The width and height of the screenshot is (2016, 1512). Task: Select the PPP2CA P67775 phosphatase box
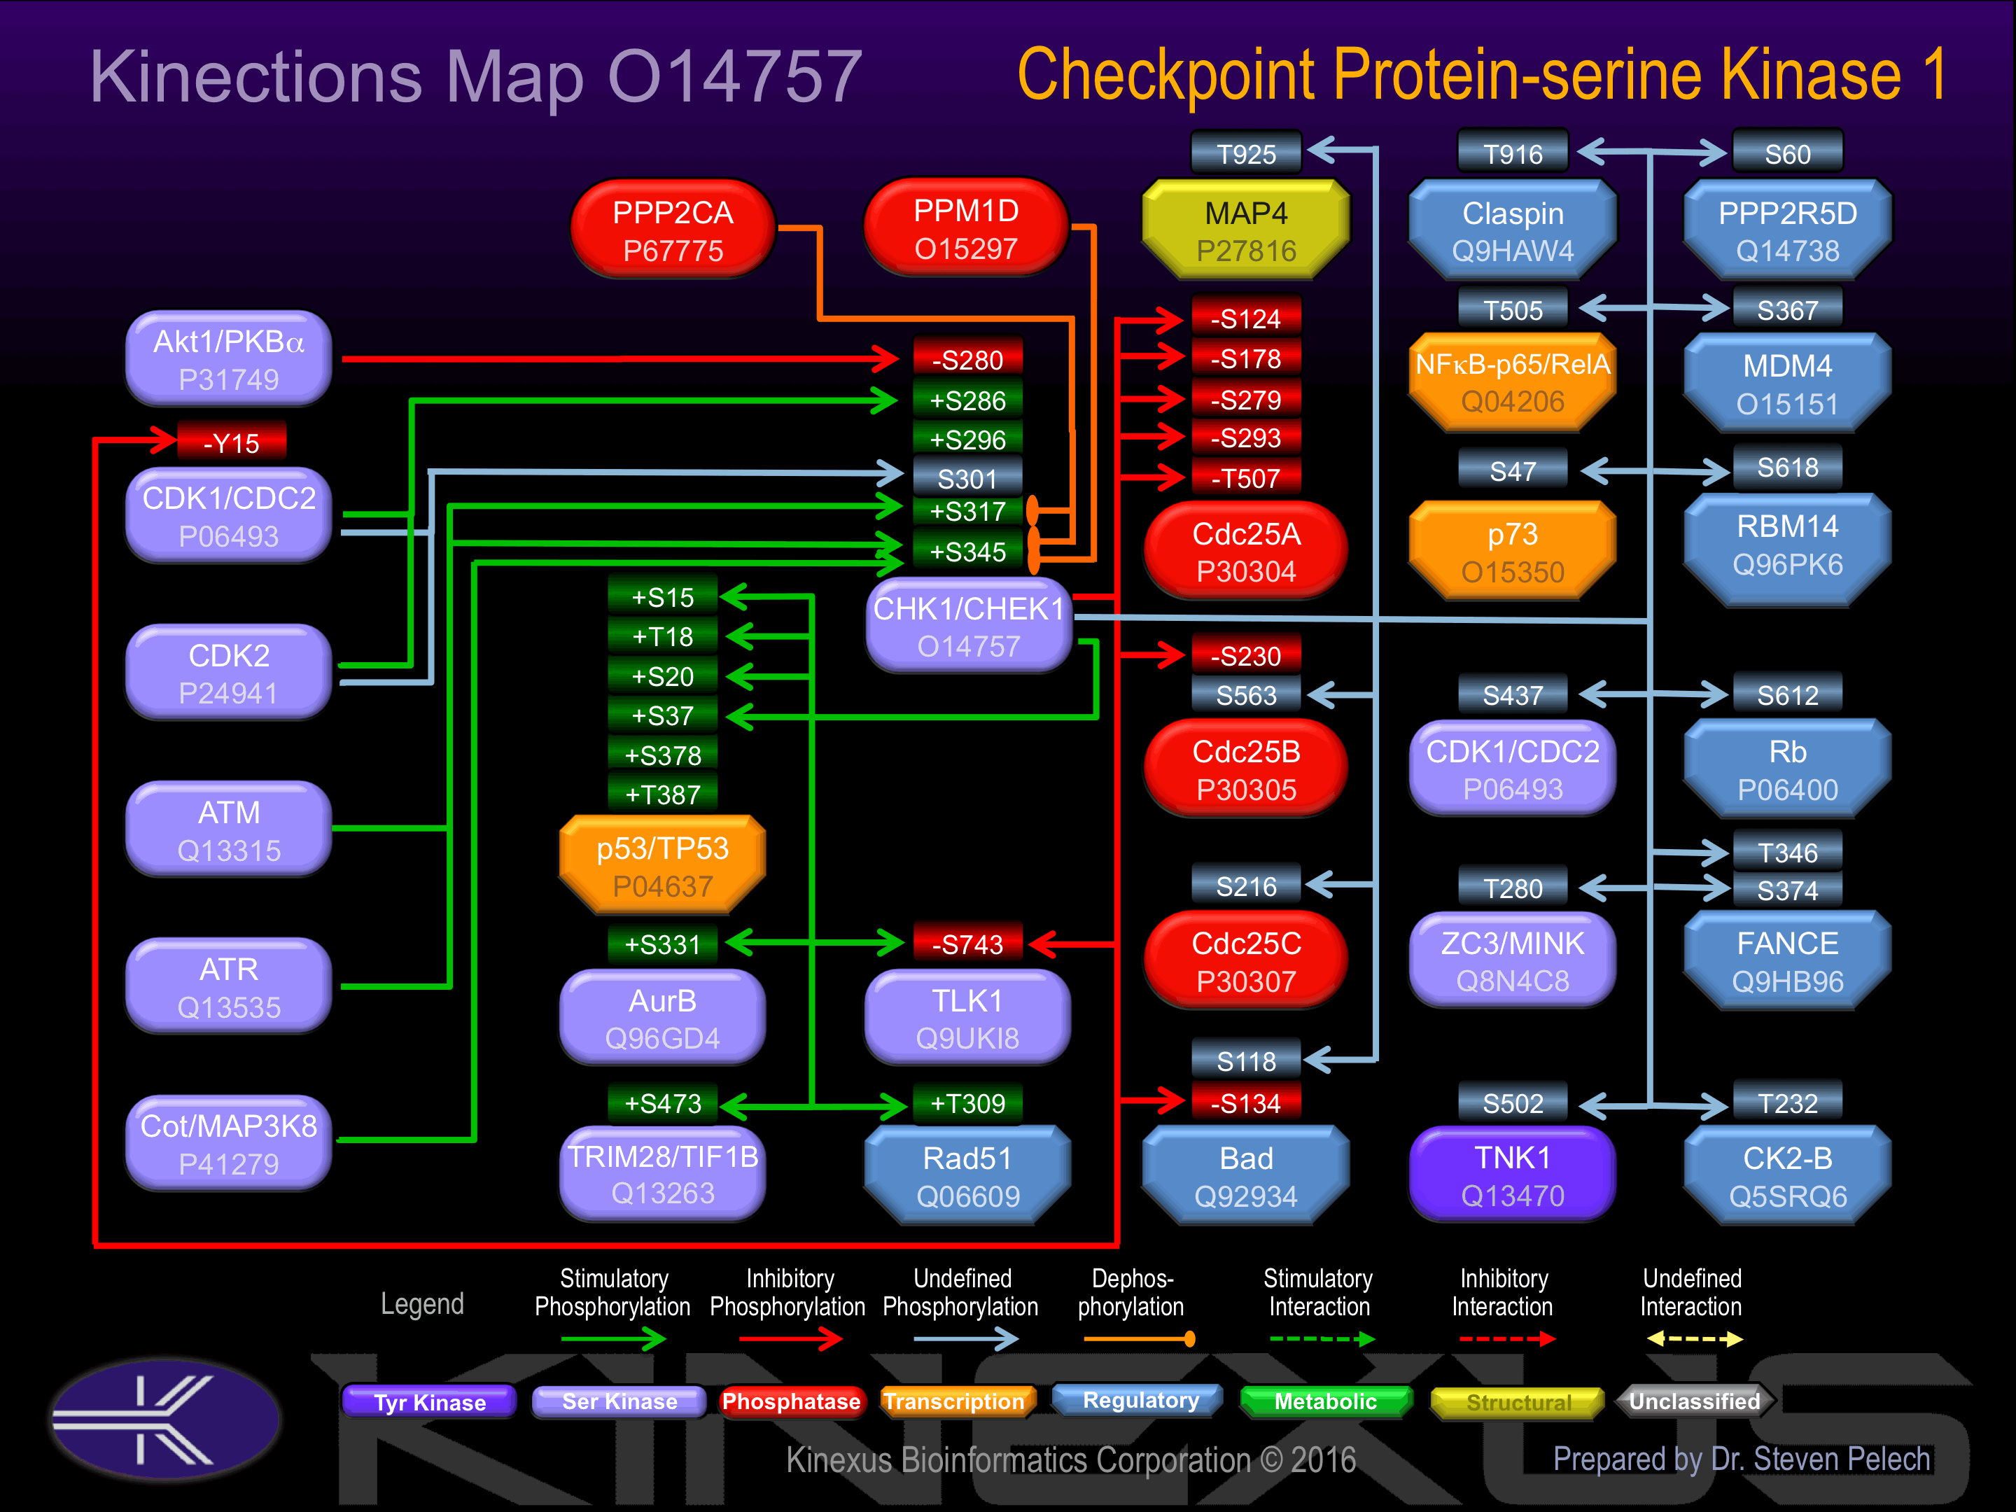click(x=673, y=230)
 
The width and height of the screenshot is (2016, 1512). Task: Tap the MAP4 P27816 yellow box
click(x=1245, y=230)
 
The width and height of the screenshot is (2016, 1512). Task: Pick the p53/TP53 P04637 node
click(x=663, y=866)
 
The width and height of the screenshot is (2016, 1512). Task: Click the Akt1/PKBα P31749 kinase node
click(x=229, y=359)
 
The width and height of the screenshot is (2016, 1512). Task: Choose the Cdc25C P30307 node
click(x=1245, y=962)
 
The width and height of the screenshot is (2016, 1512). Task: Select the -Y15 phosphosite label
click(x=232, y=443)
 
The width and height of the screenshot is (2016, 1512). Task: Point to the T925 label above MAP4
click(x=1246, y=154)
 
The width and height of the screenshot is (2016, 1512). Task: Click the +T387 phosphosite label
click(x=663, y=794)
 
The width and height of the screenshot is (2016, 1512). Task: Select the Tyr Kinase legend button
click(x=429, y=1401)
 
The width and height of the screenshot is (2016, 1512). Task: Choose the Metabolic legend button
click(x=1325, y=1401)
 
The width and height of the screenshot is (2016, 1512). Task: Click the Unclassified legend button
click(x=1693, y=1401)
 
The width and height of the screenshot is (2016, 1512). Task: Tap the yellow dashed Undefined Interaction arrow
click(x=1694, y=1339)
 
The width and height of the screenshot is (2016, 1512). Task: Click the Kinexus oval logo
click(x=165, y=1418)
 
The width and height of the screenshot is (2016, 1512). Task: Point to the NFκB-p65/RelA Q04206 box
click(x=1512, y=382)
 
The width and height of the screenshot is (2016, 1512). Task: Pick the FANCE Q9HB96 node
click(x=1786, y=962)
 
